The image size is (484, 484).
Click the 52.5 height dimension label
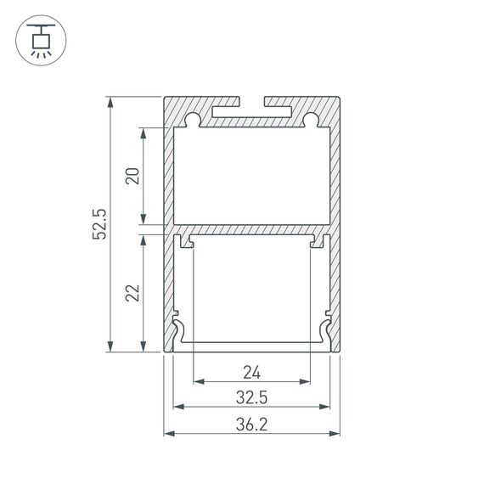click(x=99, y=224)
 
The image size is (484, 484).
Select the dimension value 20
click(x=132, y=176)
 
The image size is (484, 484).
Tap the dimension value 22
click(x=132, y=293)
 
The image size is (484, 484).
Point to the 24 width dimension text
click(x=251, y=371)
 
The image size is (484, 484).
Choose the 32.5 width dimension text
click(x=251, y=397)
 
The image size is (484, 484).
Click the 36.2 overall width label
click(x=251, y=423)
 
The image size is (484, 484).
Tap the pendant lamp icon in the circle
click(x=39, y=39)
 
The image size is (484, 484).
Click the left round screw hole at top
click(x=194, y=119)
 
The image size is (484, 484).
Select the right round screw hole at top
click(x=311, y=119)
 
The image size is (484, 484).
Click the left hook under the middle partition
click(x=188, y=244)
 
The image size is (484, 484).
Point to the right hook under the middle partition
click(x=316, y=244)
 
